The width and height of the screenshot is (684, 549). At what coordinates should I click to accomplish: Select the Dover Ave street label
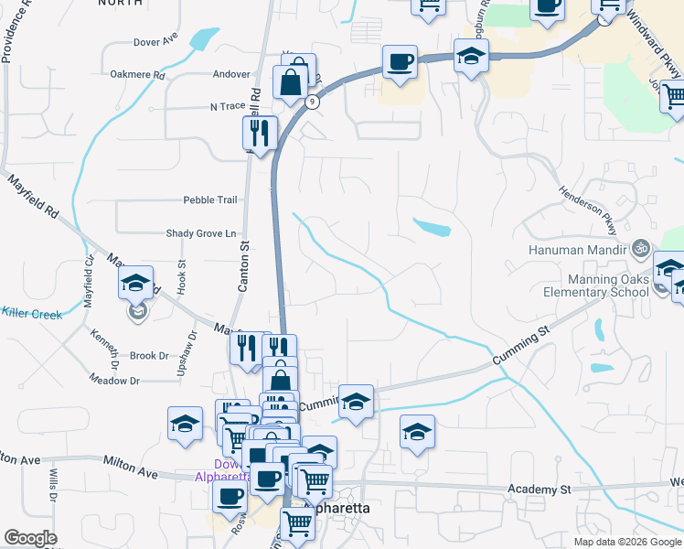155,42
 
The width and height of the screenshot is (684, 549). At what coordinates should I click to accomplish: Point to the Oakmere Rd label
137,75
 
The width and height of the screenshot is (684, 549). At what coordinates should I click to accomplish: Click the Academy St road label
539,490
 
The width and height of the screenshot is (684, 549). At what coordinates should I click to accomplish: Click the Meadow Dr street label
114,380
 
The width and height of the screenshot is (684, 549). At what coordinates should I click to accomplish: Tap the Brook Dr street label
149,356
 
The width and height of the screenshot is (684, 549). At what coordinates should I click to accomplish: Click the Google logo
30,538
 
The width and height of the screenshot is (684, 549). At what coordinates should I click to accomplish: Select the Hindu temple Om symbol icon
640,248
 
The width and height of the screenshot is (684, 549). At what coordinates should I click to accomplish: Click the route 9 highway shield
313,102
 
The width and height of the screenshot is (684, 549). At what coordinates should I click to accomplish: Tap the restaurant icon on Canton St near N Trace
260,133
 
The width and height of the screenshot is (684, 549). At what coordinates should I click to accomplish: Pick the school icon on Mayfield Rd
135,283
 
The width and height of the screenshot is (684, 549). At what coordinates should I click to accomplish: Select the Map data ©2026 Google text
626,542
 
